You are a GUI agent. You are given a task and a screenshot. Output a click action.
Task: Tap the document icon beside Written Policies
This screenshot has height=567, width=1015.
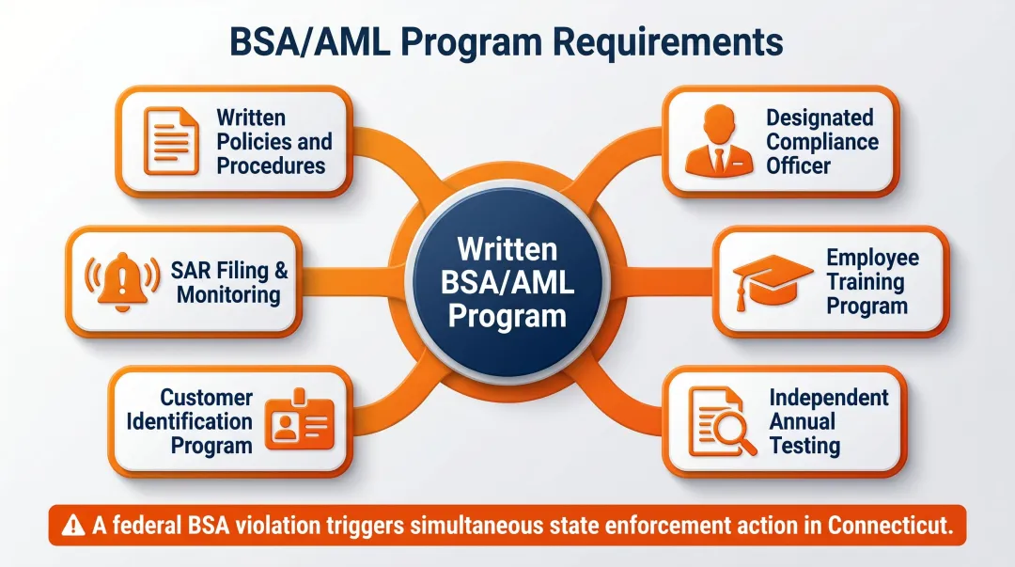170,141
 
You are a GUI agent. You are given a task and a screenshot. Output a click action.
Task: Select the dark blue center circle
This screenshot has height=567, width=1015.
507,282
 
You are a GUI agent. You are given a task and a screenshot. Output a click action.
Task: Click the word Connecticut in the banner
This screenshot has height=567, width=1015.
890,526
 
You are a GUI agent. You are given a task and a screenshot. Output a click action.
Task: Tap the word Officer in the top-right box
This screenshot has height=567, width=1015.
799,165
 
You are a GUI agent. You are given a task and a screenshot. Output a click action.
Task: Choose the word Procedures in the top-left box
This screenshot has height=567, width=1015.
271,165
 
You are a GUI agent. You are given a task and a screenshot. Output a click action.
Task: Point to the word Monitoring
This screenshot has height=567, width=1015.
228,294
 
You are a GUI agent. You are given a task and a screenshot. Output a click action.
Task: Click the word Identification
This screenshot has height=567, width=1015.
189,421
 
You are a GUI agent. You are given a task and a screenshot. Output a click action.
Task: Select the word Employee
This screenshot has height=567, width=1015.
872,258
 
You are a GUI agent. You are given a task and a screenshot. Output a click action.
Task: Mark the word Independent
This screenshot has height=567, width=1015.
828,397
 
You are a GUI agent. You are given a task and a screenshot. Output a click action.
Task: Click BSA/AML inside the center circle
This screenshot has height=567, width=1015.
507,282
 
